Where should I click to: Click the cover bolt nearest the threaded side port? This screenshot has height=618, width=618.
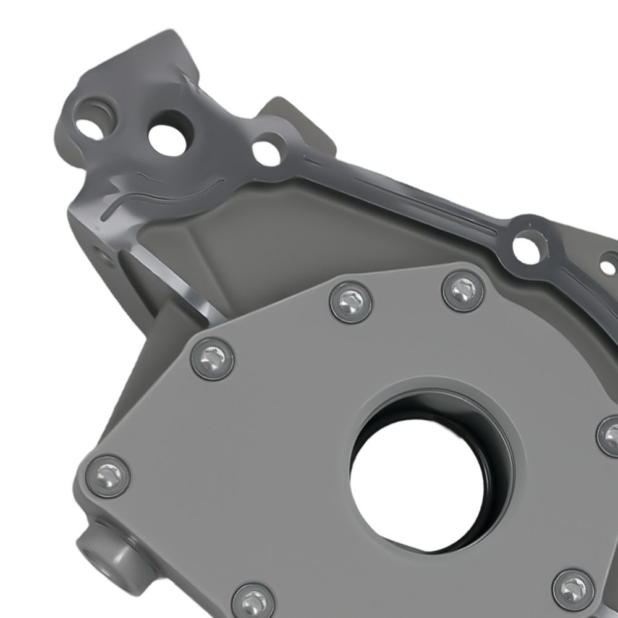tap(108, 476)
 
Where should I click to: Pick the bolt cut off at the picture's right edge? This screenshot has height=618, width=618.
tap(610, 436)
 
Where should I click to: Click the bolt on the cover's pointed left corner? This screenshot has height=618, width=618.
tap(212, 358)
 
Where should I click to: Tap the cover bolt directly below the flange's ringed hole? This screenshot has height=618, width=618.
tap(463, 290)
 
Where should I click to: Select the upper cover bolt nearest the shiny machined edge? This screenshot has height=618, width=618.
tap(350, 302)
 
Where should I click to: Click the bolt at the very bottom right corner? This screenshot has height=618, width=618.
tap(574, 590)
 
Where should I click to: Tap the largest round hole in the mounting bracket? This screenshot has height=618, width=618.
tap(168, 140)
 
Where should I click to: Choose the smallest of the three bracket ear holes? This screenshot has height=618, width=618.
tap(267, 151)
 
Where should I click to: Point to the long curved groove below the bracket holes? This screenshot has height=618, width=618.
tap(167, 195)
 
